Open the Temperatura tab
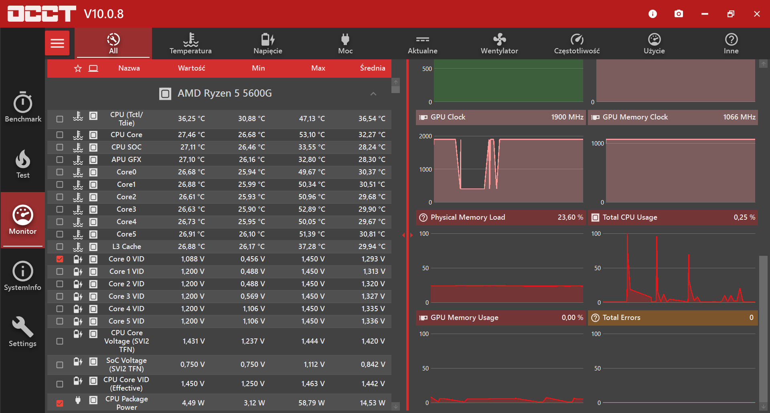pos(190,43)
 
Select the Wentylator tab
pos(499,43)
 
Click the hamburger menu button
pos(57,43)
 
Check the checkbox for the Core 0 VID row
pos(60,259)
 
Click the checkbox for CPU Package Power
pos(60,403)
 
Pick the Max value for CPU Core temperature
pos(312,135)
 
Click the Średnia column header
pos(373,68)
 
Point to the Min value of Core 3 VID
pos(252,296)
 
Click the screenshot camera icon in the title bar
pos(679,14)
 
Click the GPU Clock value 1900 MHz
pos(567,117)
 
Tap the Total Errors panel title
pos(621,318)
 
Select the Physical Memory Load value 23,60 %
pos(570,217)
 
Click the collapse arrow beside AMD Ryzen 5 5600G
pos(373,94)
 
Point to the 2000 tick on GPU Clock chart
pos(426,136)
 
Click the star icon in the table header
pos(78,69)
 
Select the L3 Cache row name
pos(126,247)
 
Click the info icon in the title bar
pos(652,14)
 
